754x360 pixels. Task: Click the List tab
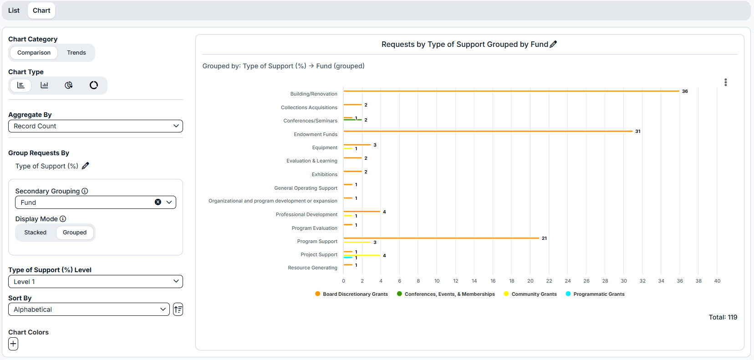(14, 10)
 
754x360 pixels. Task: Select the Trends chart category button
(76, 52)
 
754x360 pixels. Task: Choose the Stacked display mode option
(36, 233)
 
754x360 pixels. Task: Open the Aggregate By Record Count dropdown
(96, 126)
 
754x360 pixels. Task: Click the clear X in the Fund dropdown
(158, 202)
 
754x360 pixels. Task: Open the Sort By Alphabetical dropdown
(89, 309)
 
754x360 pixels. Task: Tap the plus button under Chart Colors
(13, 344)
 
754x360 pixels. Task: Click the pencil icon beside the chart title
(553, 44)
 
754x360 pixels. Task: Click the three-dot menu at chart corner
(726, 82)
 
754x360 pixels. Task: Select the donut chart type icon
(94, 85)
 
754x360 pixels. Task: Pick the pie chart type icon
(69, 85)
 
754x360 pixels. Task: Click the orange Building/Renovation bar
(511, 91)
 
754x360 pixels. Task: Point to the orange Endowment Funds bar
(488, 131)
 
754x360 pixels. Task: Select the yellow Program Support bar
(357, 242)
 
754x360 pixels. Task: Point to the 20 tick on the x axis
(530, 281)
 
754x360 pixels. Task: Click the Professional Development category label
(306, 214)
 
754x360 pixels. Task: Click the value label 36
(685, 91)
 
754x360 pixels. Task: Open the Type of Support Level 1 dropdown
(96, 282)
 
